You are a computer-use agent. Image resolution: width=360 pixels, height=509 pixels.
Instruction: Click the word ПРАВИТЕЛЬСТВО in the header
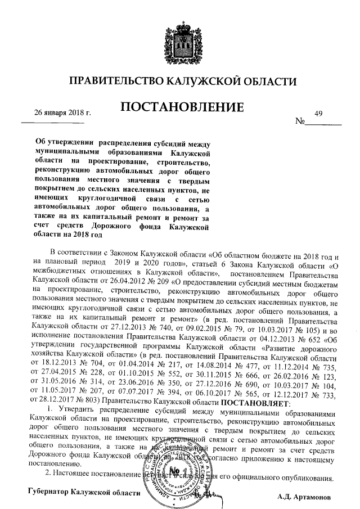click(x=116, y=82)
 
